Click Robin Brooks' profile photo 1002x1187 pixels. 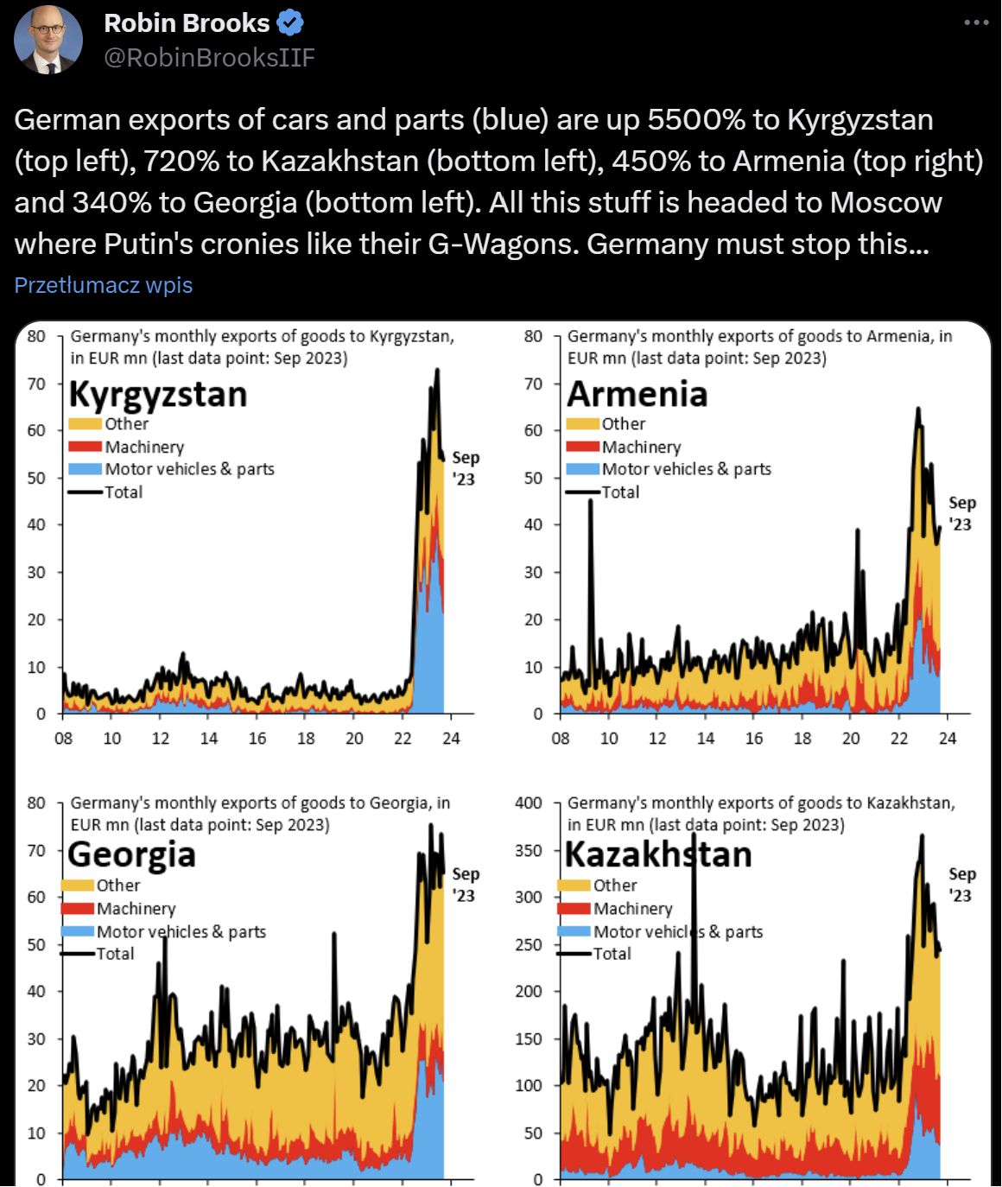tap(48, 39)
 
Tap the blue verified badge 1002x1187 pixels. tap(290, 23)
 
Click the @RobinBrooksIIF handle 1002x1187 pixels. tap(209, 57)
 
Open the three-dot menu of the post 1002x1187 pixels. tap(976, 22)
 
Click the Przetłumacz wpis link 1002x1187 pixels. tap(104, 285)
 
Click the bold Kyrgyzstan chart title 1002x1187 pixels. tap(158, 394)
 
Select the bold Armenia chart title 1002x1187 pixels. tap(637, 394)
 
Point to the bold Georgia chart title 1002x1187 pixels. tap(132, 854)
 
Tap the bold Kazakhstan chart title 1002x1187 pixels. tap(658, 854)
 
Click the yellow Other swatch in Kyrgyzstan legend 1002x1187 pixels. tap(86, 424)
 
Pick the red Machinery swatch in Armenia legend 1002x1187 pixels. tap(583, 447)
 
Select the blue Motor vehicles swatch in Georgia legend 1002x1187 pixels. tap(78, 931)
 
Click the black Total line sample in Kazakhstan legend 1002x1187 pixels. tap(574, 954)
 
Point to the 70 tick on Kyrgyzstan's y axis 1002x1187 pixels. tap(36, 384)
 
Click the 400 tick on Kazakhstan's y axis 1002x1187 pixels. tap(529, 803)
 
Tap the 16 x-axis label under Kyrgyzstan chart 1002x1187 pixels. tap(257, 739)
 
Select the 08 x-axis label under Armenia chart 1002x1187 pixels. tap(561, 739)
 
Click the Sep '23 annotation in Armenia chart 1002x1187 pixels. tap(961, 513)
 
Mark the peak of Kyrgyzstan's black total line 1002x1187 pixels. tap(437, 370)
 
